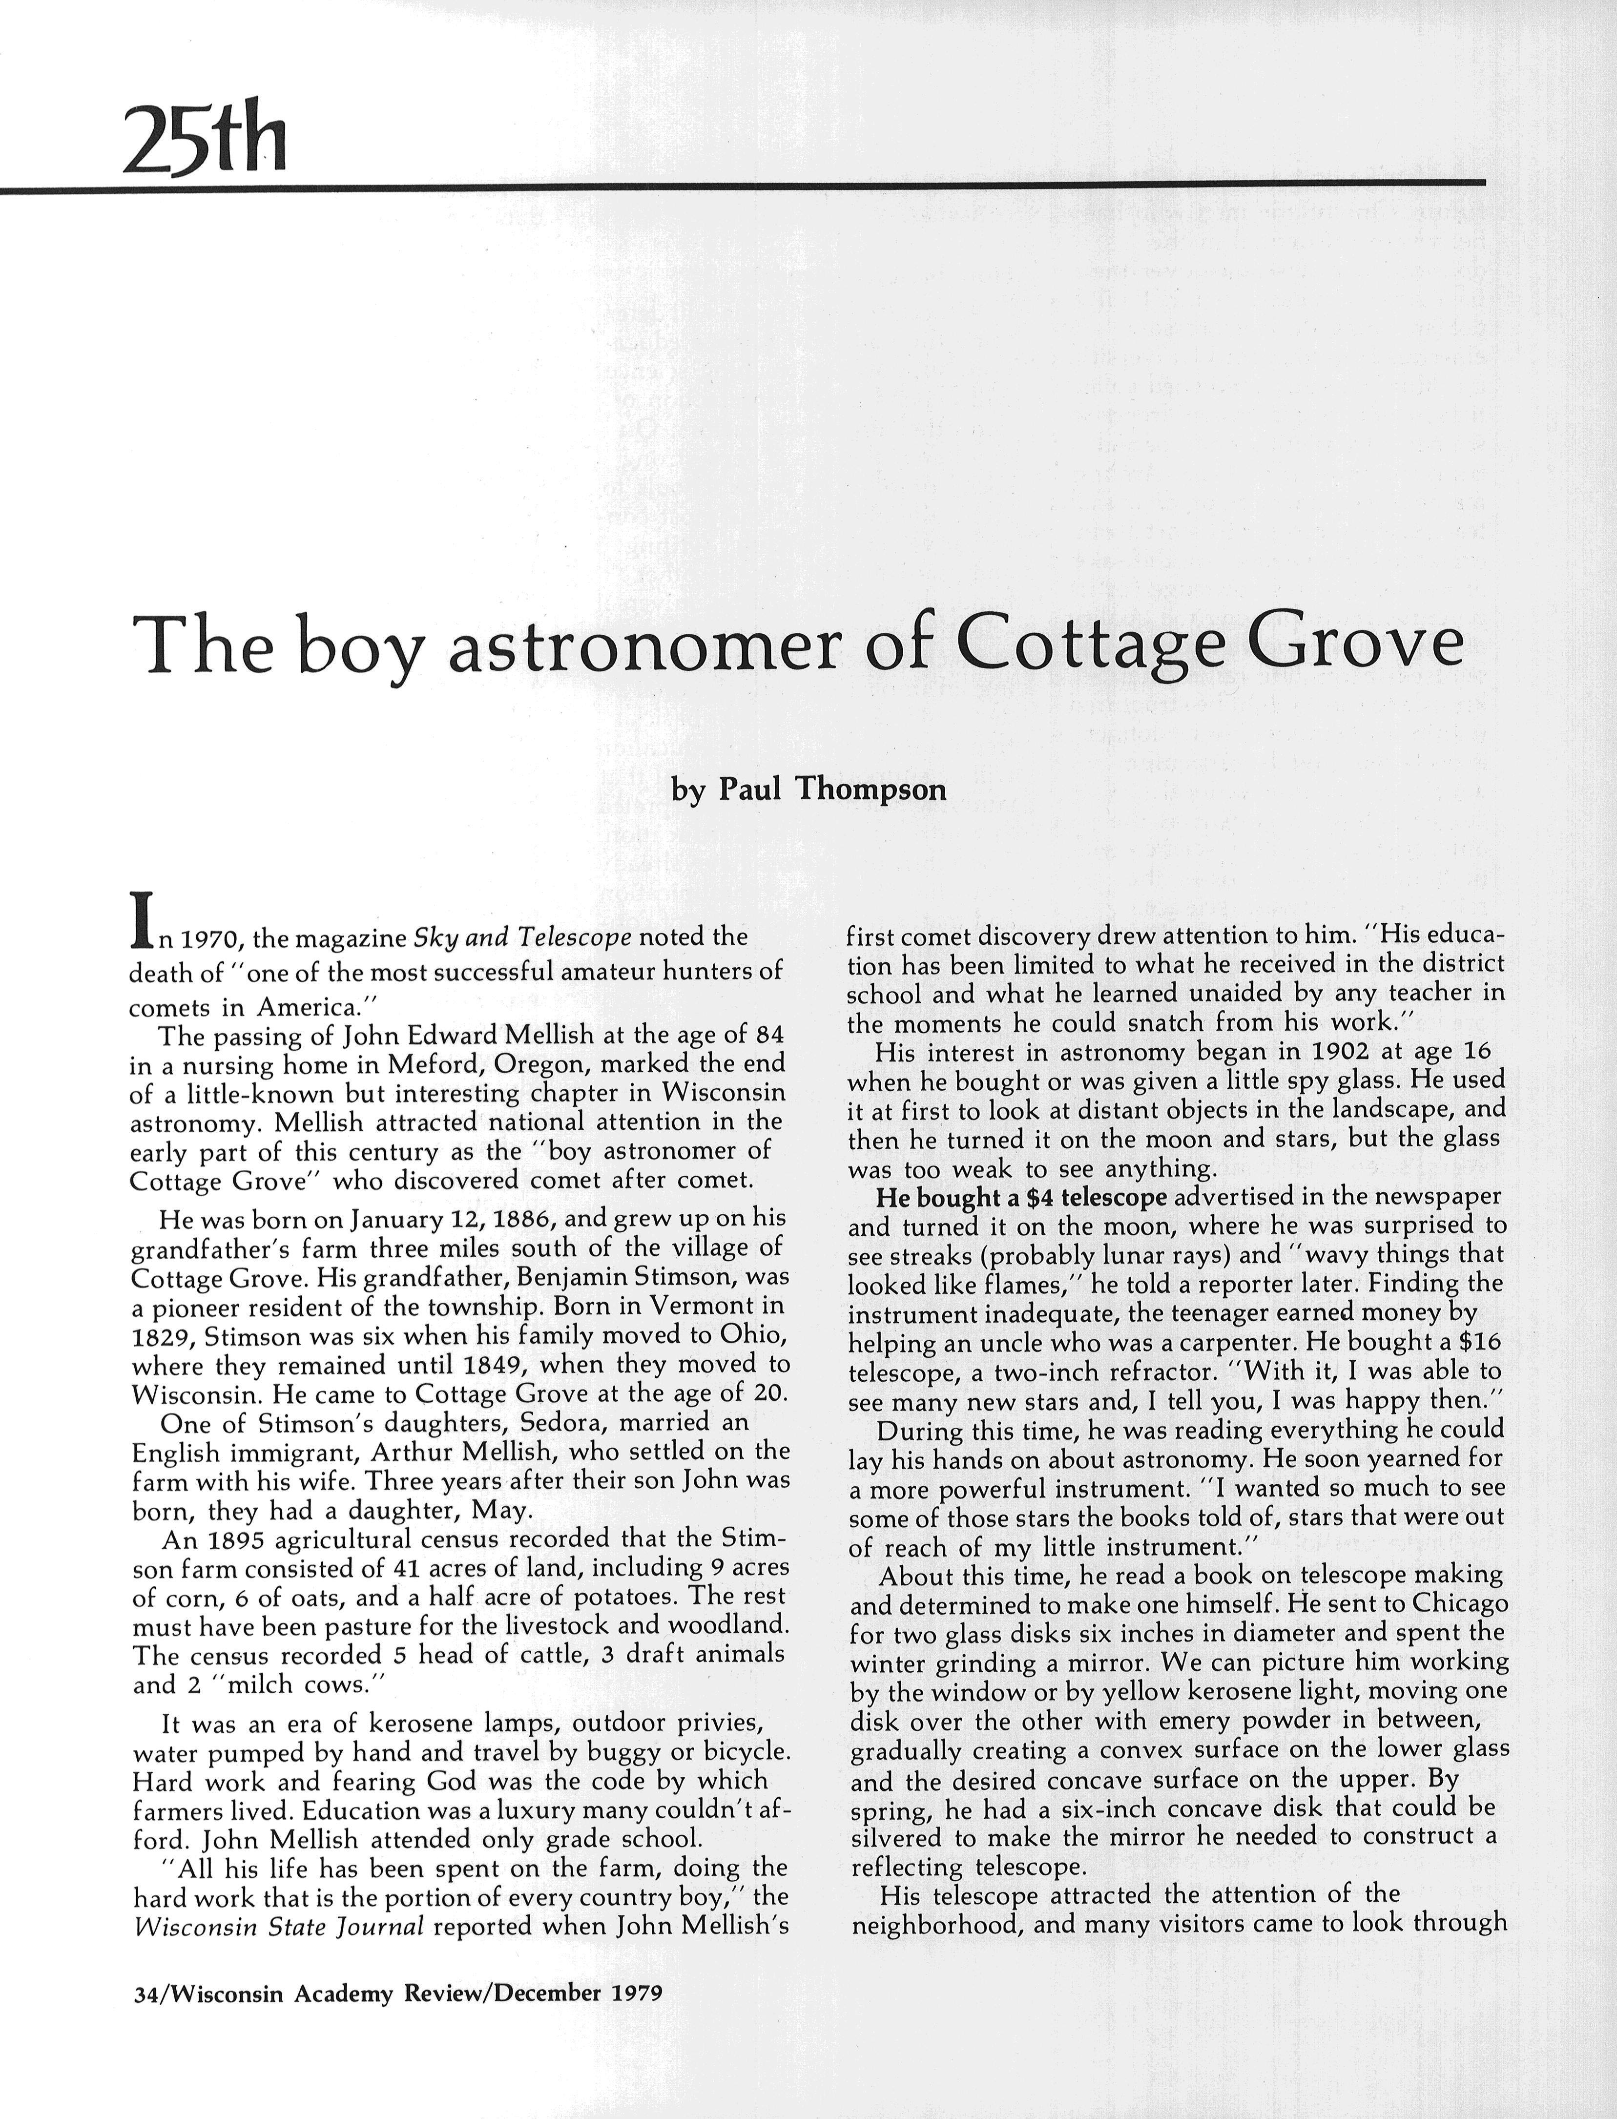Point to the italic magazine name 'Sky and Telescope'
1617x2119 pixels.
point(522,937)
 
